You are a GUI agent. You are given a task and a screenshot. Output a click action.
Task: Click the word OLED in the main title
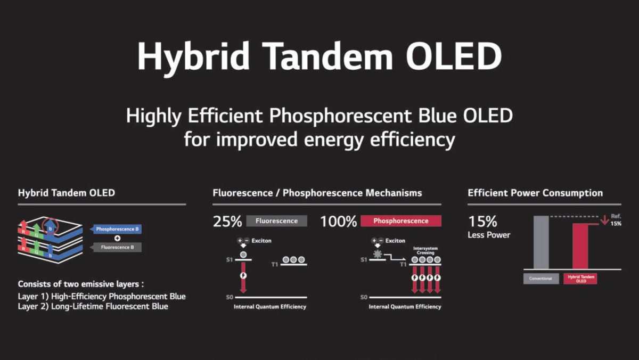pos(454,56)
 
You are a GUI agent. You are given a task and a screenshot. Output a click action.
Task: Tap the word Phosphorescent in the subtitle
pos(341,116)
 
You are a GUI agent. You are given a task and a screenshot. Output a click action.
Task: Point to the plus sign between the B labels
pos(117,238)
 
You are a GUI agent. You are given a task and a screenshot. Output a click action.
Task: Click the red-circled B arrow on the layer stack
pos(50,226)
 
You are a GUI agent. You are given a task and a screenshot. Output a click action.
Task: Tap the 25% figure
pos(227,222)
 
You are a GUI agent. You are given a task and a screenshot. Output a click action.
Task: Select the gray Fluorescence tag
pos(276,221)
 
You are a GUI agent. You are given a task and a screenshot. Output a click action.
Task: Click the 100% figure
pos(338,222)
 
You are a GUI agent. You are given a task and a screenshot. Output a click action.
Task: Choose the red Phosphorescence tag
pos(401,221)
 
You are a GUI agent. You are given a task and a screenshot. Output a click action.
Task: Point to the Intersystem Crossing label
pos(425,250)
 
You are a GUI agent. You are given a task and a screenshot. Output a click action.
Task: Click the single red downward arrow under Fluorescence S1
pos(243,278)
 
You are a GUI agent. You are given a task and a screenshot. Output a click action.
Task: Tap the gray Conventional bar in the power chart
pos(541,242)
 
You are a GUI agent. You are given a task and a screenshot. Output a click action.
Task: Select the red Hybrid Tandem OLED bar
pos(580,247)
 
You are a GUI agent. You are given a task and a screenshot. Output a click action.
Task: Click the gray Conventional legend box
pos(541,279)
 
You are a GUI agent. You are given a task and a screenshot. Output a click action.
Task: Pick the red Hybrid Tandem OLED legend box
pos(580,279)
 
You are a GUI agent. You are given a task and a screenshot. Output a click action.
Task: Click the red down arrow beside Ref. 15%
pos(604,220)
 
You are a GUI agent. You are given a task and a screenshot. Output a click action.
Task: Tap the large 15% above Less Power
pos(482,222)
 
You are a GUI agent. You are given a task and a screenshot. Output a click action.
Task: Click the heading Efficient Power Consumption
pos(535,193)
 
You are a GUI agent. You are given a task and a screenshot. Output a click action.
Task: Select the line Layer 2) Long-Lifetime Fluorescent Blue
pos(93,306)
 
